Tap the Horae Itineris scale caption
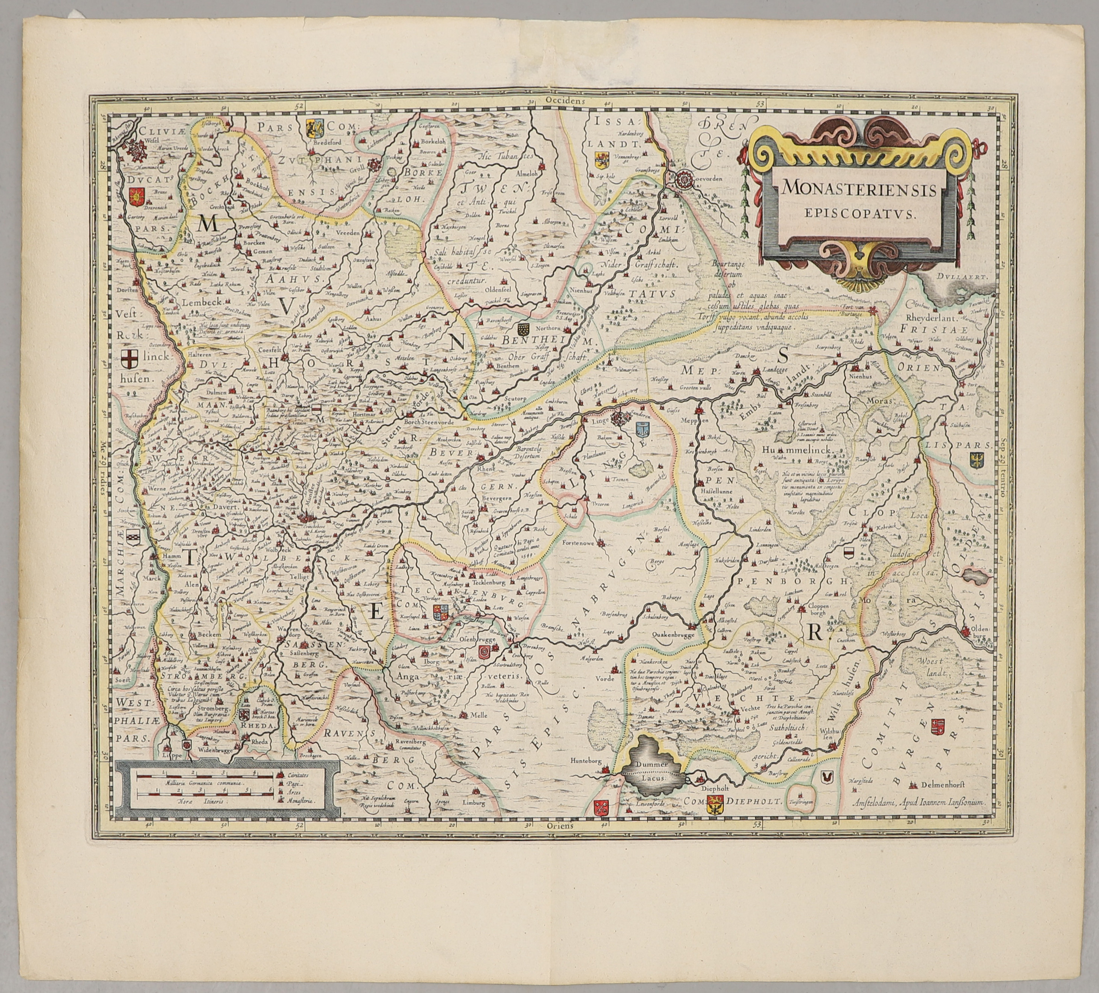click(x=200, y=802)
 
